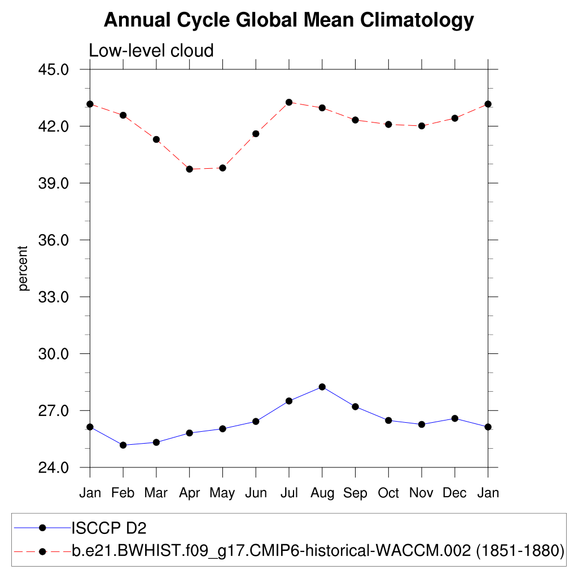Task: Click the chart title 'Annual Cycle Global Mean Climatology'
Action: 289,20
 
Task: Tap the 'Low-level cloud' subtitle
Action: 151,51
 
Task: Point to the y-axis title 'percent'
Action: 23,268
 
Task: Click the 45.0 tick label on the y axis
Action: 52,69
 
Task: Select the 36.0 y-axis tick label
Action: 52,240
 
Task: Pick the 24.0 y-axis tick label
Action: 52,467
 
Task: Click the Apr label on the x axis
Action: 189,493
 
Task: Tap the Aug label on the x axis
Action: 322,493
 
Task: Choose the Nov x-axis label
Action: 421,493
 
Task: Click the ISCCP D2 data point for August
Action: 322,387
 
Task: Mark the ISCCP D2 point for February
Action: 123,445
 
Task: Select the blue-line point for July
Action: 289,401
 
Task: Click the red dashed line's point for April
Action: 190,169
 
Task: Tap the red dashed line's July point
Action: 289,102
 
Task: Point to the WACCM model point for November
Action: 422,126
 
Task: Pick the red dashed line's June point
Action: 256,134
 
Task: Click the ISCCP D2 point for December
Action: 455,418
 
